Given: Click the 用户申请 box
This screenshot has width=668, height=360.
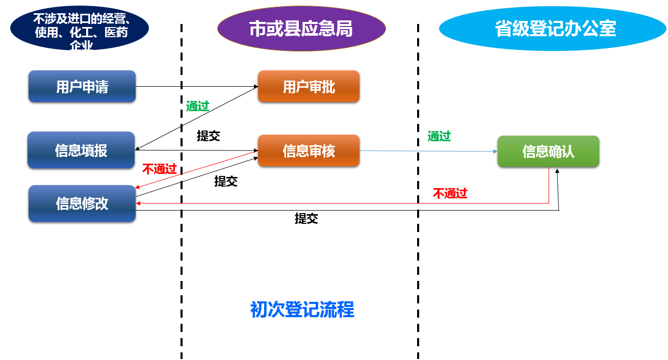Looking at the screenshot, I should [x=82, y=87].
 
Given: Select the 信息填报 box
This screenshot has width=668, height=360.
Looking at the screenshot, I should [x=81, y=150].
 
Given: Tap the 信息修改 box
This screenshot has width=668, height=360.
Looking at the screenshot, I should [x=82, y=203].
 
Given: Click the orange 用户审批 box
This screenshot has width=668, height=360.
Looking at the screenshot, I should [x=309, y=87].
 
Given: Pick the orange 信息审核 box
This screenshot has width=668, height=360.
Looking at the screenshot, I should [x=309, y=151].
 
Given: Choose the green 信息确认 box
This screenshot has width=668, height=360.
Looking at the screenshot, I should [x=548, y=151].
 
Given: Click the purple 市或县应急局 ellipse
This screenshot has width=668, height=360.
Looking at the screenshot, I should [x=301, y=29].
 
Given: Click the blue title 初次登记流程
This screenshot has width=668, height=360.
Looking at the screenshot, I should [x=302, y=310].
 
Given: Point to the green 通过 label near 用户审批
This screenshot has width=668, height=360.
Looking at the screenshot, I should [x=198, y=106].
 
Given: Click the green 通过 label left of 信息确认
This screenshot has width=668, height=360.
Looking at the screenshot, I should [x=439, y=136].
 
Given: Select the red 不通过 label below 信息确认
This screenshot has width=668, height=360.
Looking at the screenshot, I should [x=450, y=193].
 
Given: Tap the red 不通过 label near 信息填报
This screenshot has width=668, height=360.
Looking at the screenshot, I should [x=159, y=169].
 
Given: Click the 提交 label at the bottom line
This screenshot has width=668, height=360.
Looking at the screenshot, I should [x=306, y=219].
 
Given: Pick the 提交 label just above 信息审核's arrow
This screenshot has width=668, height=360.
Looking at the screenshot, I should [x=208, y=136].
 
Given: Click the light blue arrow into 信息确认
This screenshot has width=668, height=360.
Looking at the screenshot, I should [x=428, y=151].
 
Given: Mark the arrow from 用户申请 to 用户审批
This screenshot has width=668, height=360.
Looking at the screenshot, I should [x=196, y=86].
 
